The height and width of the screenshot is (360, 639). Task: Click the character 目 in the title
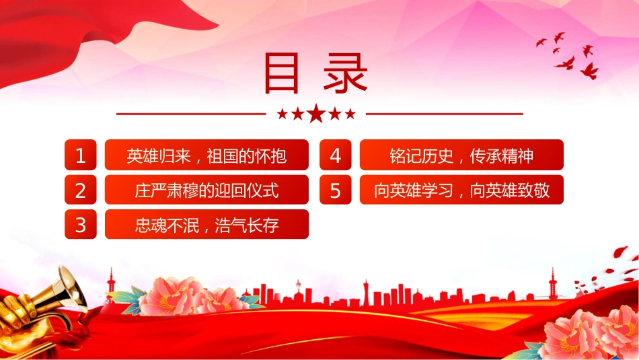coord(282,73)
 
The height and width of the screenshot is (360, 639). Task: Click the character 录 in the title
coord(346,73)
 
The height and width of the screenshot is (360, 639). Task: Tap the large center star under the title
coord(316,114)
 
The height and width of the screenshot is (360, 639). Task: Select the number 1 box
coord(81,155)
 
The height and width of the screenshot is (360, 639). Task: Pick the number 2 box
coord(81,190)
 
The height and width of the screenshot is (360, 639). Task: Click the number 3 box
coord(81,224)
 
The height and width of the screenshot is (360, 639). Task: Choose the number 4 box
coord(336,155)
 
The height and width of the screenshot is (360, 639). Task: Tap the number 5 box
coord(336,190)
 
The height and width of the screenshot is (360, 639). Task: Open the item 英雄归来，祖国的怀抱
coord(206,155)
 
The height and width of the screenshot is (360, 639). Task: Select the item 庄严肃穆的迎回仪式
coord(206,190)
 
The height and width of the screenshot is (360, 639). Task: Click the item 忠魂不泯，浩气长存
coord(206,224)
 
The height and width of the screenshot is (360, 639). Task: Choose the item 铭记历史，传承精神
coord(461,155)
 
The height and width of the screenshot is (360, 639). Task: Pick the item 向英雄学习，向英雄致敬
coord(461,190)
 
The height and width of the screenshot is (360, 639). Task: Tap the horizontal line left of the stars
coord(191,114)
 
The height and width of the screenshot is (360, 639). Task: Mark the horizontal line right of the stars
coord(445,114)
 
